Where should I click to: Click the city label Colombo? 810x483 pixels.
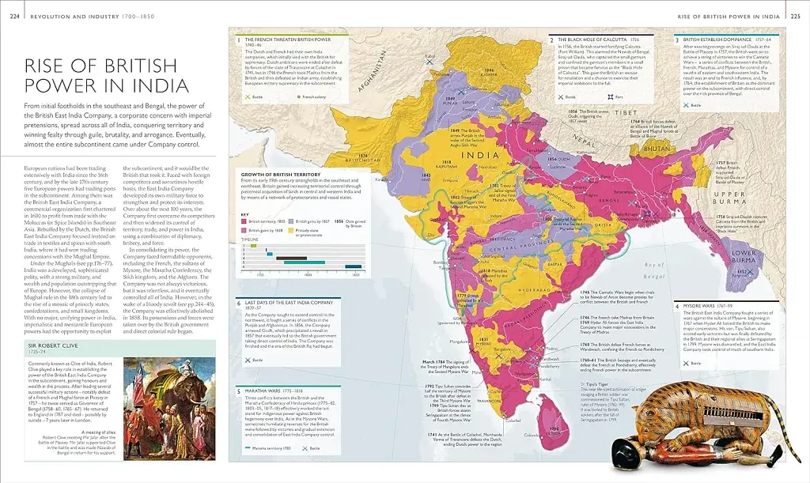point(531,435)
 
